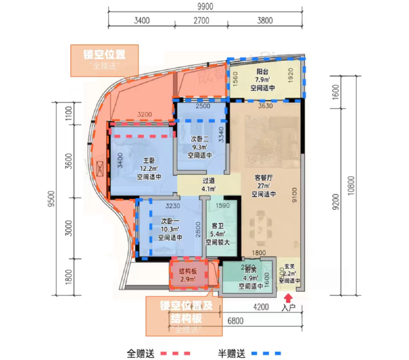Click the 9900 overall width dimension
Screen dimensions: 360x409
click(x=204, y=6)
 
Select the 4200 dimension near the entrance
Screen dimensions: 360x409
click(x=261, y=306)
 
